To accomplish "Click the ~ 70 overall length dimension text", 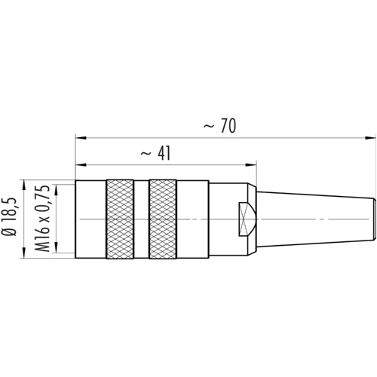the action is click(x=219, y=126).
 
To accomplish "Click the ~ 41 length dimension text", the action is click(x=155, y=153).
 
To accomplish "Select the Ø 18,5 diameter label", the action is click(x=11, y=216).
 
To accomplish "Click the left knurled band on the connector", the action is click(x=120, y=219).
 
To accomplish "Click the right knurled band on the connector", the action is click(x=163, y=219).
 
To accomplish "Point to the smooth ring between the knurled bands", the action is click(x=141, y=219).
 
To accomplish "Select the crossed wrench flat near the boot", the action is click(x=247, y=219).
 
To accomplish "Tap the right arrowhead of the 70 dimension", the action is click(x=371, y=138).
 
